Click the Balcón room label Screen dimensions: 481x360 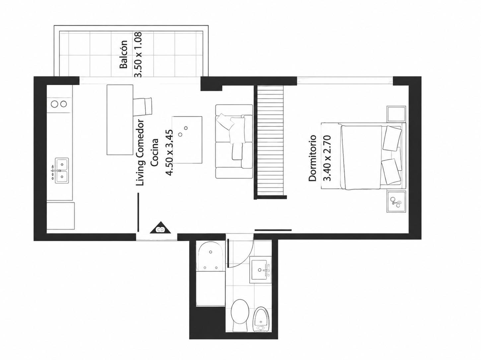pos(123,54)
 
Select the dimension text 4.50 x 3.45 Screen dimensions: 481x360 pos(170,153)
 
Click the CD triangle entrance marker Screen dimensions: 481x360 pos(161,228)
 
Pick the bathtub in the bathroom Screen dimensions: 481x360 pos(211,273)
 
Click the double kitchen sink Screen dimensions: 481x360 pos(62,171)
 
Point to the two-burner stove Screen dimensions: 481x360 pos(59,104)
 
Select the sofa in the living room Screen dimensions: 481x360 pos(234,141)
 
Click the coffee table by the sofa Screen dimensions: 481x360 pos(187,140)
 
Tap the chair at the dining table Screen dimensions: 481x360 pos(143,107)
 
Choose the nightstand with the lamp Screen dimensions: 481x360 pos(396,201)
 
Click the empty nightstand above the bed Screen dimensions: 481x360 pos(396,114)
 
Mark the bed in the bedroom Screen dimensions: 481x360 pos(363,156)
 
